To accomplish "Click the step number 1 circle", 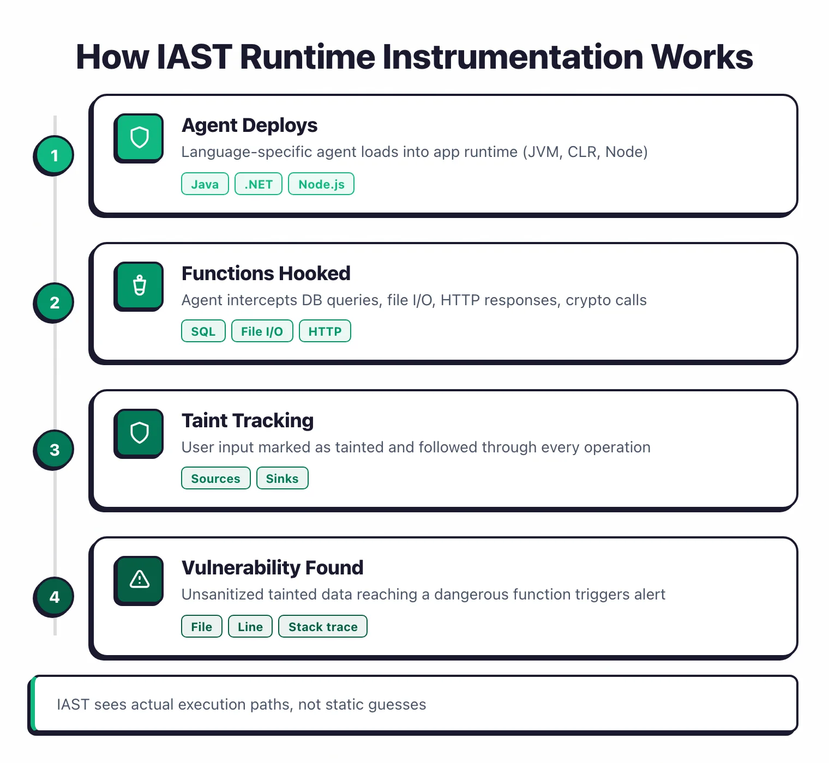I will [x=54, y=155].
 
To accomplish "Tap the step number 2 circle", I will [x=54, y=302].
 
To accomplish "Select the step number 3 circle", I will [x=54, y=450].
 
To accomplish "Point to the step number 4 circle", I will [x=54, y=597].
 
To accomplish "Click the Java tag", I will [x=205, y=184].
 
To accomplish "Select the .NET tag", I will [x=259, y=184].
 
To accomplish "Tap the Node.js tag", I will [x=321, y=184].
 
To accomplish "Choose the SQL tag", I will [x=203, y=331].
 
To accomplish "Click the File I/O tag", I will [x=262, y=331].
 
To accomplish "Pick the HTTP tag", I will [x=325, y=331].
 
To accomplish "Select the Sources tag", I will [x=215, y=479].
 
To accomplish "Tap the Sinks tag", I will [x=282, y=479].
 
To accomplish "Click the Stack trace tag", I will [x=323, y=627].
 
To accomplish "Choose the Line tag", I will [x=250, y=627].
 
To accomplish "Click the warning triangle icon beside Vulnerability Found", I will [x=139, y=579].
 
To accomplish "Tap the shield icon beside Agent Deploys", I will [x=139, y=137].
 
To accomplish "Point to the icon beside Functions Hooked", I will [x=139, y=286].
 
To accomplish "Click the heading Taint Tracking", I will [x=248, y=421].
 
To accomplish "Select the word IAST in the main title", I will [x=194, y=57].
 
